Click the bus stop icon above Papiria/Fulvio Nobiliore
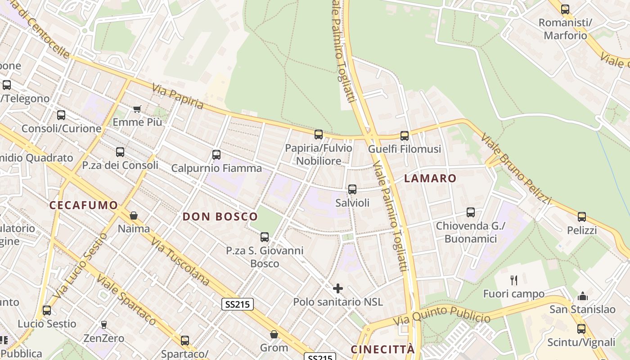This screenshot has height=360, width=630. click(x=319, y=134)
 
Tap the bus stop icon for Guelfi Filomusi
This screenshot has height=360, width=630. click(x=405, y=135)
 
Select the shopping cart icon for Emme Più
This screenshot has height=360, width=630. click(x=137, y=108)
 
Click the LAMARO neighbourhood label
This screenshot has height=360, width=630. click(x=430, y=178)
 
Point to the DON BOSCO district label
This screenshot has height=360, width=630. click(x=220, y=216)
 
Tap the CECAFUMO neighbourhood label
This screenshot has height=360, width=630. click(x=84, y=205)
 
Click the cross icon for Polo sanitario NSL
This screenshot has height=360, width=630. click(x=338, y=288)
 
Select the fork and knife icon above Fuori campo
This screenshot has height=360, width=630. click(x=514, y=280)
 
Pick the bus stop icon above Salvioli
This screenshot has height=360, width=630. click(x=352, y=189)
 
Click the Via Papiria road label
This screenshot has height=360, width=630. click(x=178, y=96)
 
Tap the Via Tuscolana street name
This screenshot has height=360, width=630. click(x=180, y=262)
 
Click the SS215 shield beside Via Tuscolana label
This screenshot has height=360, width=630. click(x=238, y=304)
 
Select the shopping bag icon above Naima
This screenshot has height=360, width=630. click(x=134, y=216)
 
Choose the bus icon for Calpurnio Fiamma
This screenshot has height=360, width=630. click(x=216, y=155)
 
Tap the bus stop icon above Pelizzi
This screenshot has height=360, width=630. click(x=582, y=217)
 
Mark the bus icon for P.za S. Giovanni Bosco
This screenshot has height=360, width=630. click(x=265, y=237)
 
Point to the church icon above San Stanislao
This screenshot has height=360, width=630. click(x=583, y=296)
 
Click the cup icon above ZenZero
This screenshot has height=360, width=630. click(x=104, y=324)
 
